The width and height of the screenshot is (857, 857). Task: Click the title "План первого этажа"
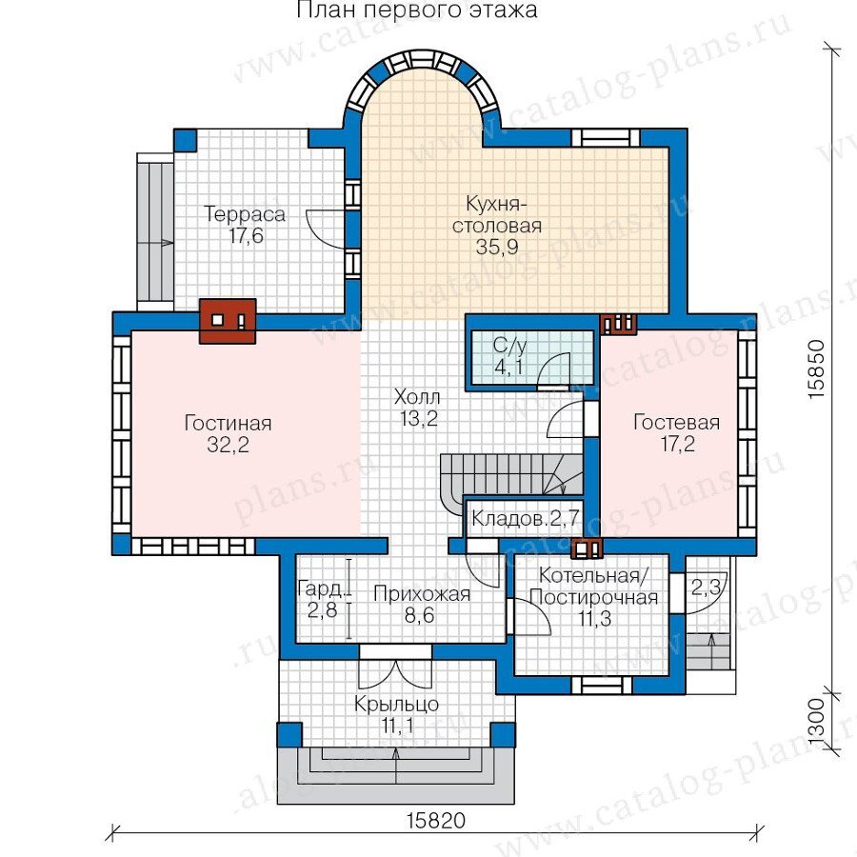(x=417, y=10)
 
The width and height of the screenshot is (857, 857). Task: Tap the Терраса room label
(x=245, y=213)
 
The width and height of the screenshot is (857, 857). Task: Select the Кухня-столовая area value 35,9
(x=497, y=247)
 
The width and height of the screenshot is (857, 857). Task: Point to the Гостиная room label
(x=228, y=423)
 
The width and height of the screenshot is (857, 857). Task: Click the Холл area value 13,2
(x=419, y=419)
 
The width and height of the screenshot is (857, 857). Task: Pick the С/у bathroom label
(x=509, y=346)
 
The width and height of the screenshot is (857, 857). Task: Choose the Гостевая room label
(x=677, y=423)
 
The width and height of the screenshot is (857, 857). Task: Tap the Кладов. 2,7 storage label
(x=526, y=518)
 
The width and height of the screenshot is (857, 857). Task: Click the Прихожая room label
(x=422, y=594)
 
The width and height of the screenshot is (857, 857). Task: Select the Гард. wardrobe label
(x=322, y=588)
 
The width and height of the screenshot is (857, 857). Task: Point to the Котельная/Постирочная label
(x=593, y=587)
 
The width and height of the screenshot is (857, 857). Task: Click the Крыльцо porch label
(x=396, y=704)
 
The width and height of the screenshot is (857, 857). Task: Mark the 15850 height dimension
(x=816, y=369)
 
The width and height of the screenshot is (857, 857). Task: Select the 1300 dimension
(x=815, y=721)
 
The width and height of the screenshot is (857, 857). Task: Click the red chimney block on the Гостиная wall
(x=228, y=321)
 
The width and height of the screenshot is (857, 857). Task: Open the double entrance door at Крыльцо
(x=395, y=667)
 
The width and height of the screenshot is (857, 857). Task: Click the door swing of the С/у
(x=553, y=370)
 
